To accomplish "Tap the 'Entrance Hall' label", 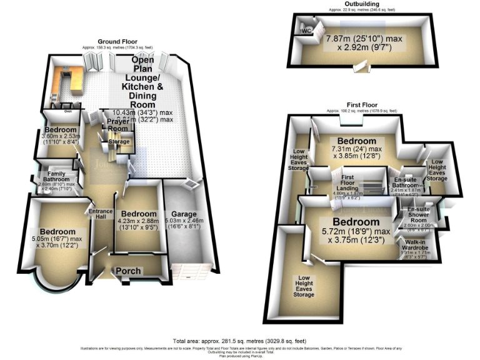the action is (101, 212).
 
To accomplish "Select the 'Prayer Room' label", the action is (117, 124).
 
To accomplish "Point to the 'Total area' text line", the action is (239, 340).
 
